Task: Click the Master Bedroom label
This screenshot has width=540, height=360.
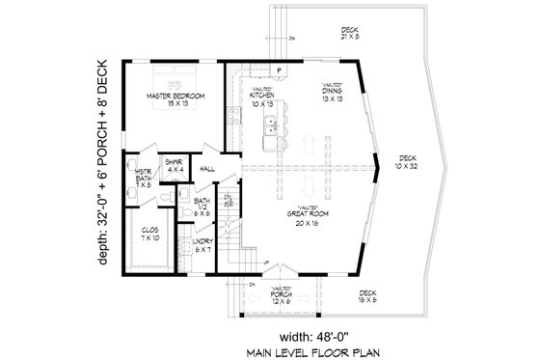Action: [175, 101]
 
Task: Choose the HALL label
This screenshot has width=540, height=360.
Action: [206, 169]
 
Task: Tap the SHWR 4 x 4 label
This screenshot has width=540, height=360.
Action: [175, 166]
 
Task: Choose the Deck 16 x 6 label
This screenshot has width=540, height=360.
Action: [367, 297]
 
